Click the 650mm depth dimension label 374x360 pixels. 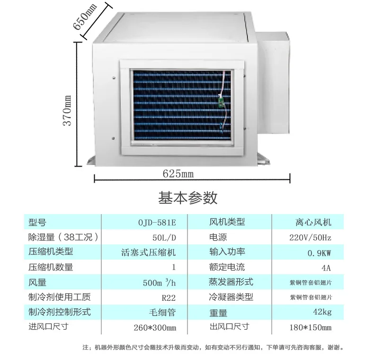point(84,17)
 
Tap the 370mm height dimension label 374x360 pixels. point(67,110)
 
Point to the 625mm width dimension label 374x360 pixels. point(178,173)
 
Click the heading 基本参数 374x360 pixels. point(188,198)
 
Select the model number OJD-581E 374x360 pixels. point(157,223)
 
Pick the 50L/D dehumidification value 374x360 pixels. point(164,237)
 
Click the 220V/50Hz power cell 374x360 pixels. point(310,237)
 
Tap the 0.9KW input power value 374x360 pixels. point(320,253)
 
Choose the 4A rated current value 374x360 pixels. point(326,268)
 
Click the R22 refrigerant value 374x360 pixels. point(169,297)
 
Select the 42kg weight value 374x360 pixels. point(322,312)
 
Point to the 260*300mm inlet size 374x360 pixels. point(155,327)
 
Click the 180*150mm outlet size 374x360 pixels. point(311,327)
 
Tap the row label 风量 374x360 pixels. point(37,282)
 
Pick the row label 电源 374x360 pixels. point(218,237)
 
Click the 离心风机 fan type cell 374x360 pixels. point(313,222)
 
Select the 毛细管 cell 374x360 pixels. point(162,312)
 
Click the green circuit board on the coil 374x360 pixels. point(221,101)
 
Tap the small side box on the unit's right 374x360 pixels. point(274,82)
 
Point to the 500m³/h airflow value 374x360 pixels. point(160,283)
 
